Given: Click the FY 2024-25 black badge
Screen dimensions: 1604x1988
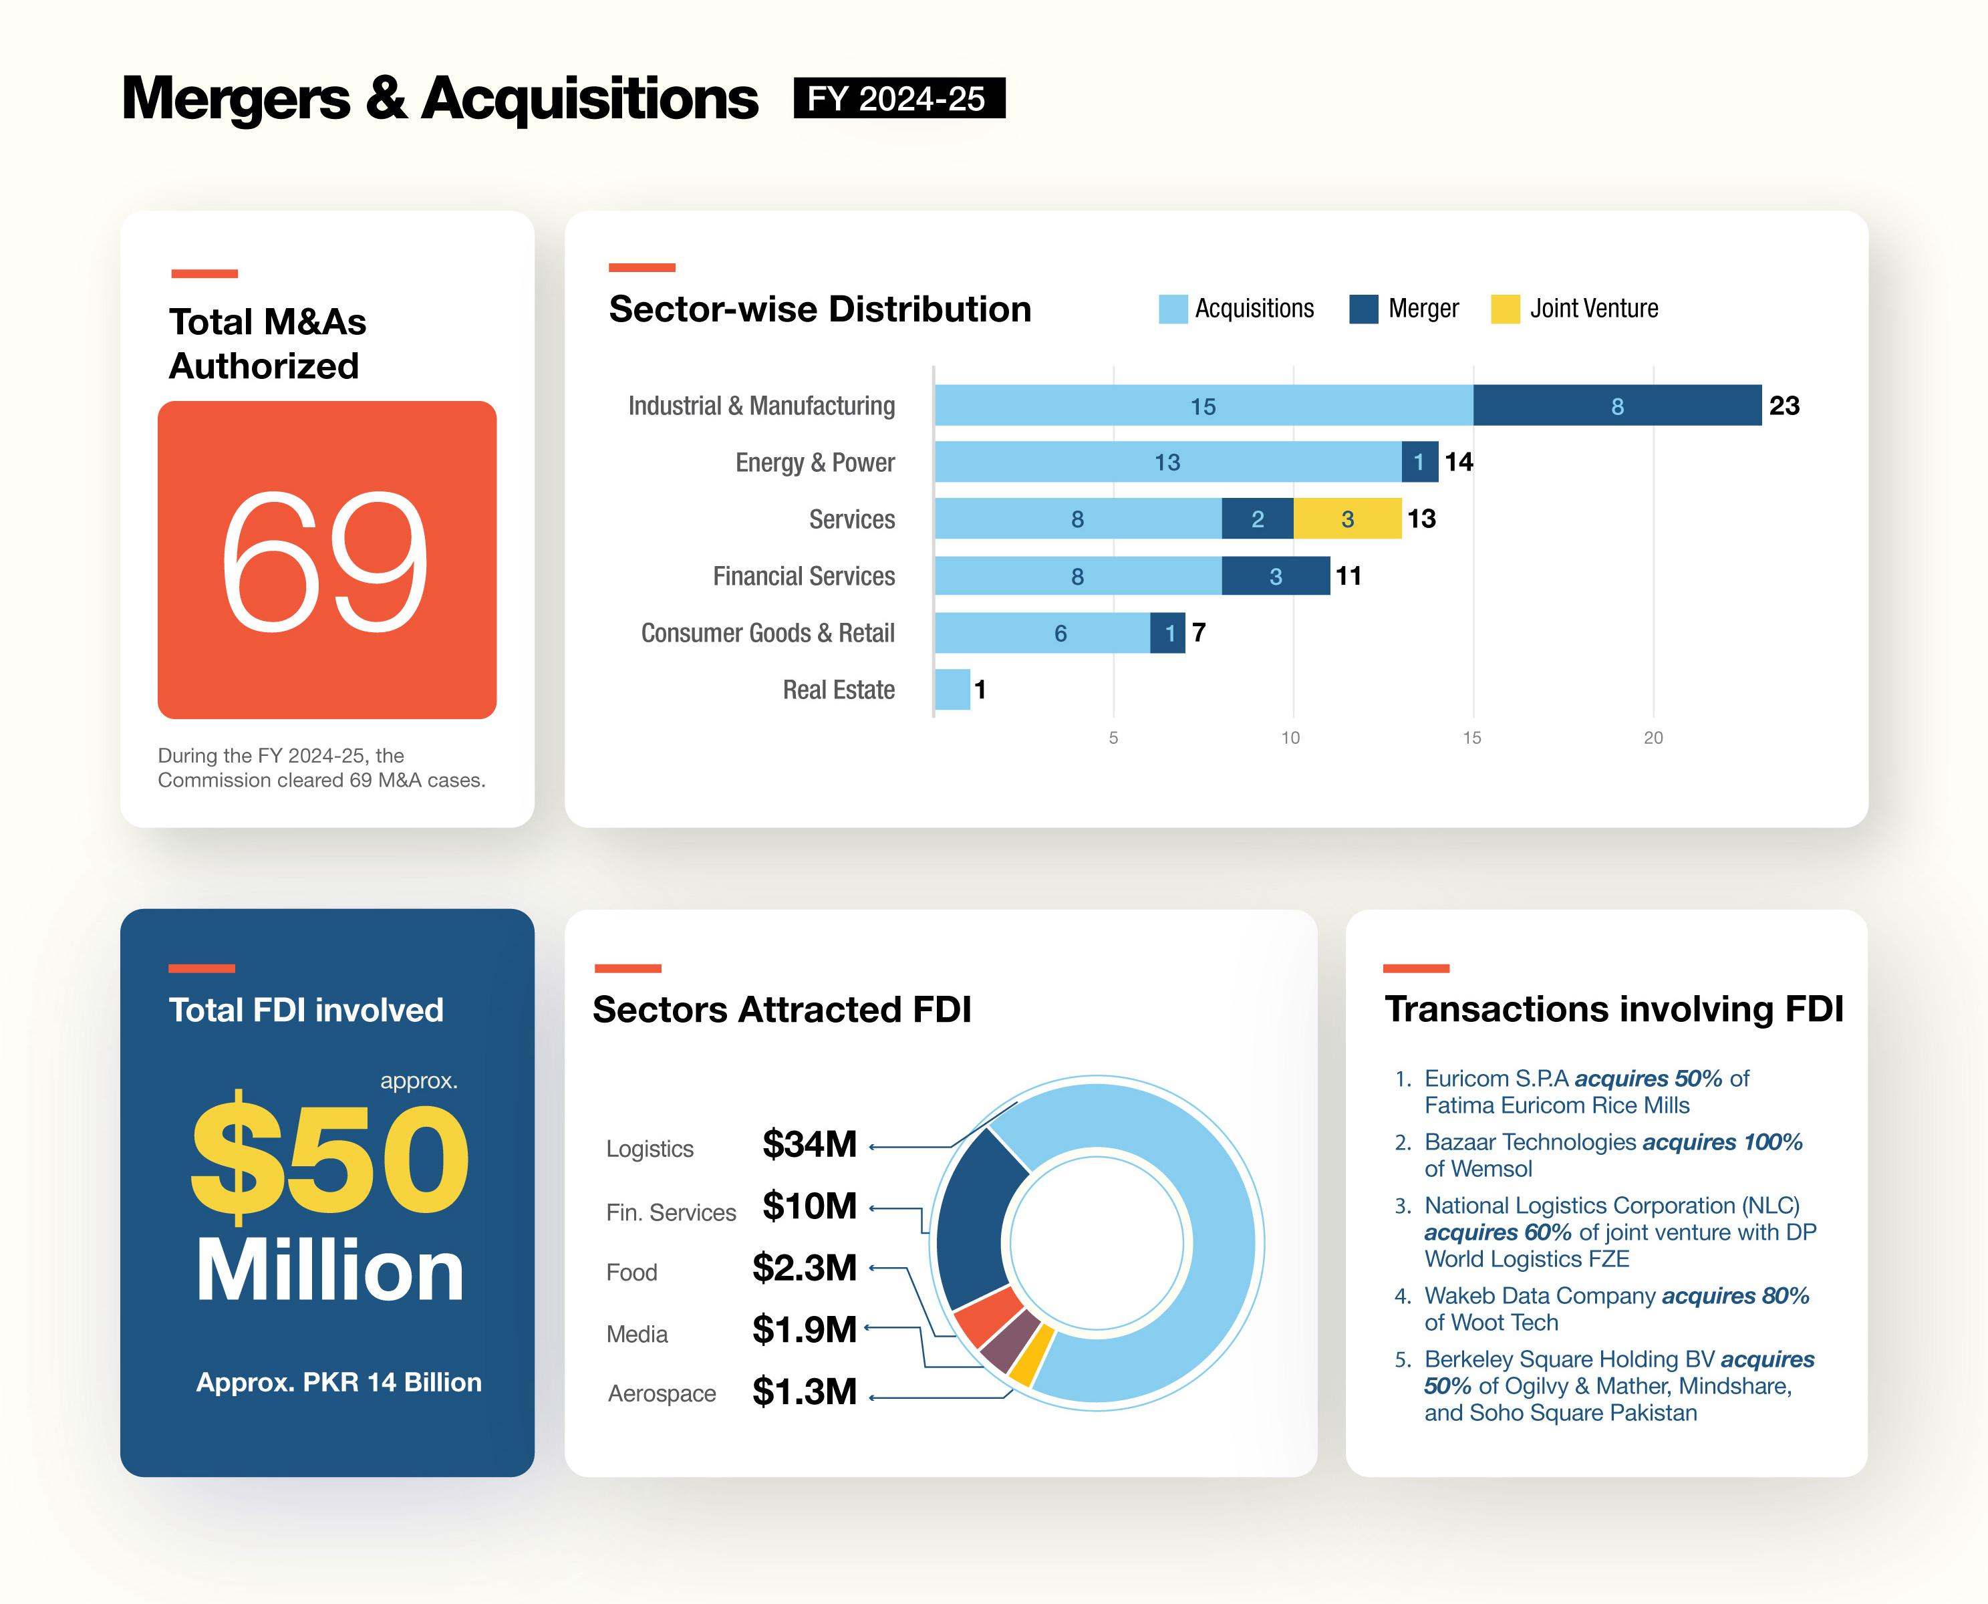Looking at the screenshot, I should pos(898,98).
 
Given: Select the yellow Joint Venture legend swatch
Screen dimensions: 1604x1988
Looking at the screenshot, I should pos(1505,309).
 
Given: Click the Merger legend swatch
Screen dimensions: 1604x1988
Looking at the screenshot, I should pos(1363,309).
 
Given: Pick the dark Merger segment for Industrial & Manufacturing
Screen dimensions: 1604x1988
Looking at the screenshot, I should pos(1616,406).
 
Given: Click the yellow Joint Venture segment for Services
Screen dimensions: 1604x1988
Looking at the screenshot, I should pos(1347,519).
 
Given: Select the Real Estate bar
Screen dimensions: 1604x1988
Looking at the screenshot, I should pos(952,689).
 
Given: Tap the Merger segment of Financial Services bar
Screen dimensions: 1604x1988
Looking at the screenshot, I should pos(1275,575).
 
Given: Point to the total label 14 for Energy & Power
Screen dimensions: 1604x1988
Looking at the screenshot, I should pos(1459,462).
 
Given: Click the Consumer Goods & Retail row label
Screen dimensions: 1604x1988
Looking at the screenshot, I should pos(768,633).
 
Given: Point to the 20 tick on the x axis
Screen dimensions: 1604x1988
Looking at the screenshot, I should pos(1653,737).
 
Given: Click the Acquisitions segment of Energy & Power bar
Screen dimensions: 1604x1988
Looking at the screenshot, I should pos(1167,462).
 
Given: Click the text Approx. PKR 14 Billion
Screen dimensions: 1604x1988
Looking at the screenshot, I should pos(338,1382).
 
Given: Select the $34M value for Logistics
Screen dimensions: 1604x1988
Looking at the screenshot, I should pos(809,1144).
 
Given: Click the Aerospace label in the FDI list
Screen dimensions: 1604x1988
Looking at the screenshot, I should pos(662,1393).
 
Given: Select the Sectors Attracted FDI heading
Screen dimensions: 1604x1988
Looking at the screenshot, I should pos(782,1010).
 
